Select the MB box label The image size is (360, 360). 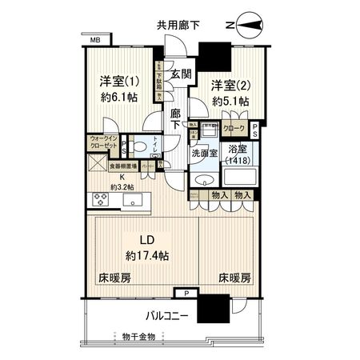(95, 38)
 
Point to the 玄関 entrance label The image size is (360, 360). (182, 74)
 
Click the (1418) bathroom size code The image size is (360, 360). (238, 160)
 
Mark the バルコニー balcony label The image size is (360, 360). (167, 316)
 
